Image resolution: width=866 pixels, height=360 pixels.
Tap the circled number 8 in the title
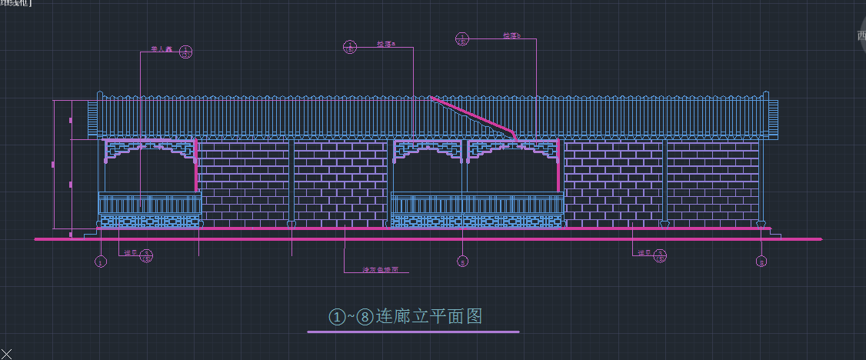[x=365, y=317]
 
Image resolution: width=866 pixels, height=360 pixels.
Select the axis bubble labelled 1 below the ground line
[x=101, y=262]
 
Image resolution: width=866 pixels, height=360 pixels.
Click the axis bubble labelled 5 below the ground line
[x=462, y=262]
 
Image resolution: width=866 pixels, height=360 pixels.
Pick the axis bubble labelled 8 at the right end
[x=761, y=262]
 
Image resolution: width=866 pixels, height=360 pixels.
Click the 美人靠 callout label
[x=160, y=49]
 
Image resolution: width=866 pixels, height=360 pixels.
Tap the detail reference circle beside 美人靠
[x=185, y=52]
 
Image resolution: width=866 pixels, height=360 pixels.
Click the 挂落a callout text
[x=385, y=45]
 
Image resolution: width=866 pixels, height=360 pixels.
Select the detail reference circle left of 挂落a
[x=350, y=46]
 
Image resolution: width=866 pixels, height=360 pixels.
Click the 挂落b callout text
[x=511, y=35]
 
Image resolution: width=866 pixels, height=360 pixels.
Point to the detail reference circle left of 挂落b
[x=462, y=38]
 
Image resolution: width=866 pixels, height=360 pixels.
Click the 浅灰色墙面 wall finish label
[x=381, y=270]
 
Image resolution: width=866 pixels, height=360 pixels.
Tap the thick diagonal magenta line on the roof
[x=473, y=116]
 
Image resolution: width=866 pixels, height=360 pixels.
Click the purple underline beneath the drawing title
[x=413, y=332]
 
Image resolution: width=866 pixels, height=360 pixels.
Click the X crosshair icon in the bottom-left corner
[x=7, y=353]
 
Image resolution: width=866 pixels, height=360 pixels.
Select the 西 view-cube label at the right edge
[x=861, y=35]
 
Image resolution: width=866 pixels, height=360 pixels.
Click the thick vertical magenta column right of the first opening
[x=197, y=165]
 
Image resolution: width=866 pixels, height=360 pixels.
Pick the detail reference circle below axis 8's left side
[x=660, y=255]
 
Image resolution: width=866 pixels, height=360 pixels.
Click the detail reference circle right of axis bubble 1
[x=146, y=255]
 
